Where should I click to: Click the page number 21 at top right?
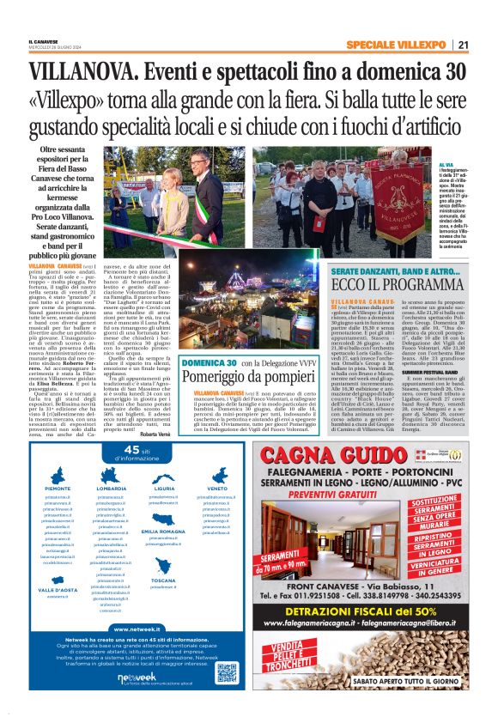[463, 44]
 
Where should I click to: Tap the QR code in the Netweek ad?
[227, 671]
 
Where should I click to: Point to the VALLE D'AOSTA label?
[58, 590]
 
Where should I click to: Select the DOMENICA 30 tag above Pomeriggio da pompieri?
[208, 339]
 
